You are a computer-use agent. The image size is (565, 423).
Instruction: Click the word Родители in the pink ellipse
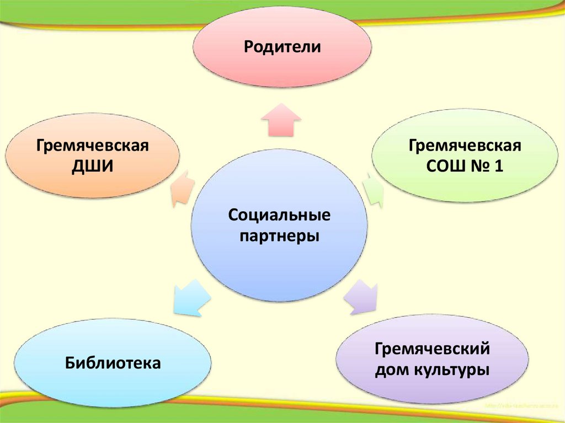pyautogui.click(x=282, y=46)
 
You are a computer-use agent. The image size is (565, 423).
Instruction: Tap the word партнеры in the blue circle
pyautogui.click(x=279, y=236)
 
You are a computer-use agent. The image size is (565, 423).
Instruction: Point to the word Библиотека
pyautogui.click(x=113, y=362)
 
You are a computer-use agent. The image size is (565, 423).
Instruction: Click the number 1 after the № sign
pyautogui.click(x=498, y=166)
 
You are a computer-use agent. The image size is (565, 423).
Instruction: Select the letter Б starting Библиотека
pyautogui.click(x=70, y=362)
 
